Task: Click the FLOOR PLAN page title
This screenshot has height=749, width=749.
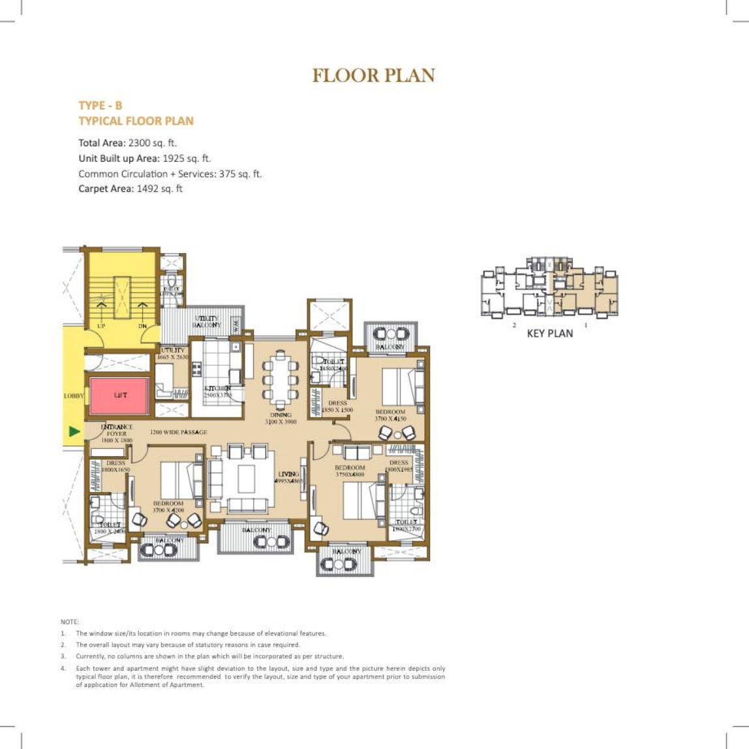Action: tap(373, 76)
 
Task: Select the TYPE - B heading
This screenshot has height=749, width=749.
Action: tap(100, 106)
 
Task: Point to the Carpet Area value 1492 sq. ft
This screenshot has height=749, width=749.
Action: tap(159, 189)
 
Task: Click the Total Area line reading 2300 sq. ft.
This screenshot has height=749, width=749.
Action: tap(127, 143)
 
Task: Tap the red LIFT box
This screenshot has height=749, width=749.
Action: tap(120, 395)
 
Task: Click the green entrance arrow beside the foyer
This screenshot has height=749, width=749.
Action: tap(74, 431)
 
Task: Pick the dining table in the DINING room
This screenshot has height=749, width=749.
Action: tap(281, 378)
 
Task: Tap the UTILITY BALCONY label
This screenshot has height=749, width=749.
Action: tap(207, 320)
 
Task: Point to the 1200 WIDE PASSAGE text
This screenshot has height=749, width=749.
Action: tap(178, 433)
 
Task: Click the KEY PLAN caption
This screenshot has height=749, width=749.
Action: tap(549, 333)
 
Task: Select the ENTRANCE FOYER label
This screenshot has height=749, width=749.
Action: tap(117, 431)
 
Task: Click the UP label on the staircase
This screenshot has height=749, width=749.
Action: tap(101, 326)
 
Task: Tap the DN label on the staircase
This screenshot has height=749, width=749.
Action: tap(142, 326)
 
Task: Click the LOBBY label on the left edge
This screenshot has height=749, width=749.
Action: tap(73, 396)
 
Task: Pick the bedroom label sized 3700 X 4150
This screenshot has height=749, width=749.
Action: tap(390, 416)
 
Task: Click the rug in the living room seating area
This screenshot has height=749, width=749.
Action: tap(246, 479)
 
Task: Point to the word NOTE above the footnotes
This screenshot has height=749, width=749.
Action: tap(69, 622)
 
